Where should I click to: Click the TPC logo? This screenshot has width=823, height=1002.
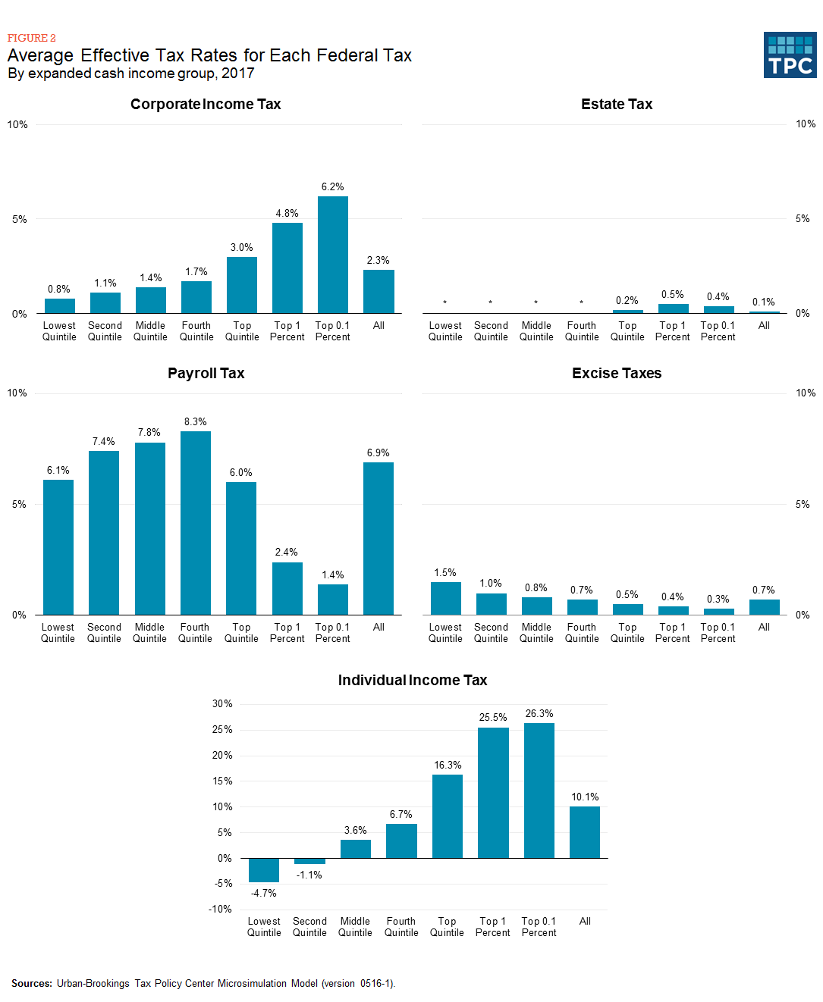[790, 55]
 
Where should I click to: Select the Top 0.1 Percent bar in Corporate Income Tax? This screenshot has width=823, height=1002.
[333, 255]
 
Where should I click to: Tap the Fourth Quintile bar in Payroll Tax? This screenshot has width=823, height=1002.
[196, 523]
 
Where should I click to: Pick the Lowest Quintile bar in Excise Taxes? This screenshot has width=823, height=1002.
[446, 598]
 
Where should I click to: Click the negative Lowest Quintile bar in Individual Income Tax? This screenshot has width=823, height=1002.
[264, 870]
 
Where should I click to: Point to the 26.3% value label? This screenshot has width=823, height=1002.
[539, 714]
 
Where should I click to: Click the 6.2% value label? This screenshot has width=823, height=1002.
[332, 187]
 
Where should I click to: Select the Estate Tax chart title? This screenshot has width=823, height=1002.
[617, 105]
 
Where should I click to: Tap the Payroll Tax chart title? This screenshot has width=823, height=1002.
[206, 374]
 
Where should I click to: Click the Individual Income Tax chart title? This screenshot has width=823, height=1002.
[413, 681]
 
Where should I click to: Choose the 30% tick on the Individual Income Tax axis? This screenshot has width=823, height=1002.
[222, 704]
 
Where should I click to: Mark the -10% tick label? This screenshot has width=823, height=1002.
[220, 910]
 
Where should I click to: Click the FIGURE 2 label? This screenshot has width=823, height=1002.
[32, 38]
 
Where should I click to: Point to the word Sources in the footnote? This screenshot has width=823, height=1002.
[32, 984]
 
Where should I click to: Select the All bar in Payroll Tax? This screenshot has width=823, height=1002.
[379, 538]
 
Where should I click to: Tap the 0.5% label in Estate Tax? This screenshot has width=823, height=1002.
[673, 295]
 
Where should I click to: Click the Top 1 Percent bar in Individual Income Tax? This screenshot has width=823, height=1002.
[493, 793]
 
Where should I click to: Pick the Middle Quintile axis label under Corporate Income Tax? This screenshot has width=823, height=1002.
[150, 331]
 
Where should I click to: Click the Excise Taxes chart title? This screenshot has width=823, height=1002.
[617, 374]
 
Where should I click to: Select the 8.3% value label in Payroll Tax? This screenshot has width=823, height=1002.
[196, 422]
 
